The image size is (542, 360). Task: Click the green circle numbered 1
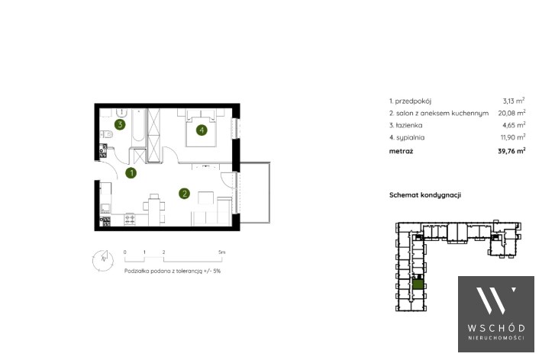131,172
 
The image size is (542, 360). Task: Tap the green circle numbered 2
184,194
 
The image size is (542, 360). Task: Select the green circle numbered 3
120,124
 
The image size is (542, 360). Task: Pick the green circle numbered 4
202,130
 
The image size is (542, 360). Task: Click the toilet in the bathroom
106,133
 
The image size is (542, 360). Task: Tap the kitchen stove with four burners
130,219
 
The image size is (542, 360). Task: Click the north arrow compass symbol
102,260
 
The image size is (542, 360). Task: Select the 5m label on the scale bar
221,252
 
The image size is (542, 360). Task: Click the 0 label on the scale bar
124,252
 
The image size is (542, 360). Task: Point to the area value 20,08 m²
511,113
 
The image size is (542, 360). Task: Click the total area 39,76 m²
511,150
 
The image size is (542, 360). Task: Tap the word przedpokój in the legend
413,101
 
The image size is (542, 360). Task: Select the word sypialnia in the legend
410,137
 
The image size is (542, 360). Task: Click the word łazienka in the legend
409,125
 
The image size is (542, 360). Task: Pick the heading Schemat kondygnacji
425,194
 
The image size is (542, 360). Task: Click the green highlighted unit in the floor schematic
418,284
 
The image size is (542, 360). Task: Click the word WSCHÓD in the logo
496,328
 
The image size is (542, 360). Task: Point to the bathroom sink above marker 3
121,113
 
